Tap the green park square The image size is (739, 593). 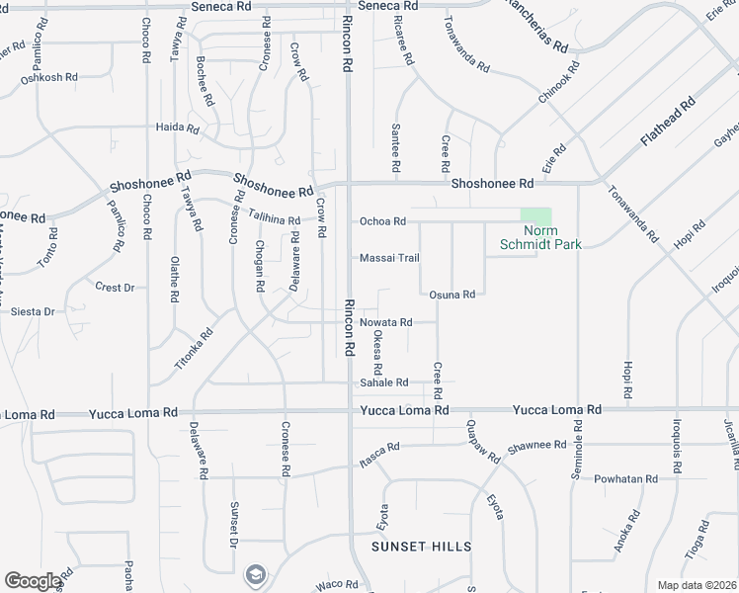coord(535,216)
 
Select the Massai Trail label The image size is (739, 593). coord(389,258)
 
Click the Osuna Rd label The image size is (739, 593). coord(452,295)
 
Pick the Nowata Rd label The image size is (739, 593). coord(384,322)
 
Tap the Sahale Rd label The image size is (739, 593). coord(384,382)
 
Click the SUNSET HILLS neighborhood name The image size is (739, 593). coord(421,546)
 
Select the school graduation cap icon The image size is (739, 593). coord(255,574)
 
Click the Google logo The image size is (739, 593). coord(33,581)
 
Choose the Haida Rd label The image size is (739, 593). coord(178,127)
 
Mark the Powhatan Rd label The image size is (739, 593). coord(625,479)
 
